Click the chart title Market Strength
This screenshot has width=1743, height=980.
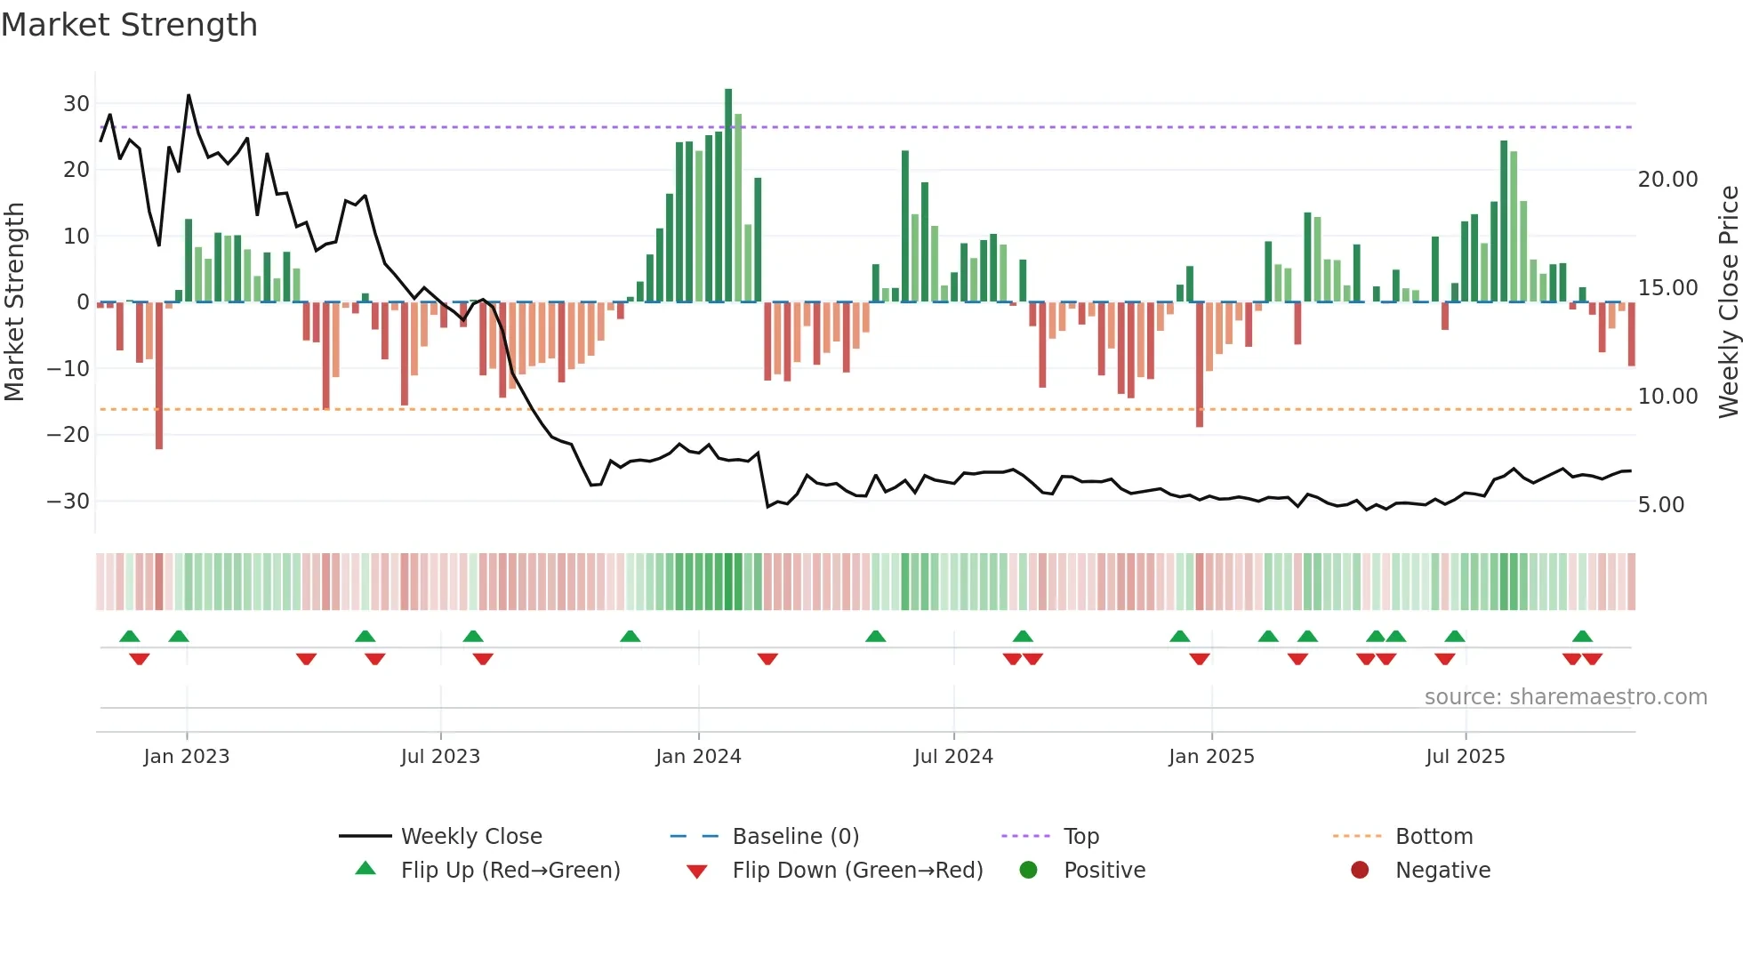pos(129,25)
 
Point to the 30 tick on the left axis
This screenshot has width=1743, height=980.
pos(76,104)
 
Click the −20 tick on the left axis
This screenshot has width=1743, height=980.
pos(68,435)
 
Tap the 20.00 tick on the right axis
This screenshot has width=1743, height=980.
pos(1667,180)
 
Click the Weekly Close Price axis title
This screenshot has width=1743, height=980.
pos(1728,302)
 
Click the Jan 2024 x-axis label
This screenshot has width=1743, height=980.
pos(698,757)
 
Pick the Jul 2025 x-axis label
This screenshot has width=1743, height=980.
pos(1465,757)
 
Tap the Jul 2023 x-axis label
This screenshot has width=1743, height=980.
pos(440,757)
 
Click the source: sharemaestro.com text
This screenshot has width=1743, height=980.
pos(1565,697)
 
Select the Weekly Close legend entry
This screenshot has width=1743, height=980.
pos(470,837)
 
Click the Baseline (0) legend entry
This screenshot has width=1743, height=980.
pos(795,837)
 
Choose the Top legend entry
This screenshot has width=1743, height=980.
pos(1080,837)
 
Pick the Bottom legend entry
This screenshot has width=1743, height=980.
pos(1434,837)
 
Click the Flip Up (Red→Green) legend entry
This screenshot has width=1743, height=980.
pos(510,871)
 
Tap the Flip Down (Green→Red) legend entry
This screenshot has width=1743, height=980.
pos(857,871)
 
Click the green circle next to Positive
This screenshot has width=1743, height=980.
pos(1029,871)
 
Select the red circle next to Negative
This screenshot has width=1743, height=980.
pos(1360,871)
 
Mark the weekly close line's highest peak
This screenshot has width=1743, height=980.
pos(189,96)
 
